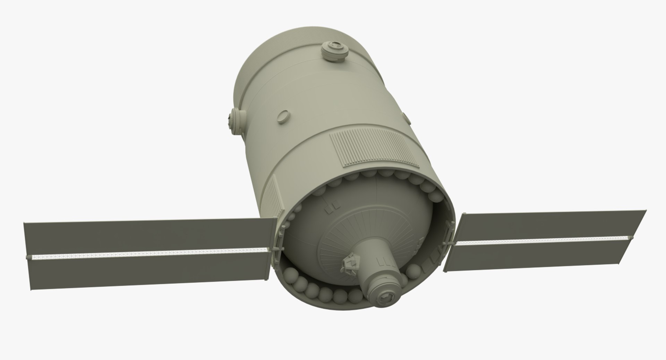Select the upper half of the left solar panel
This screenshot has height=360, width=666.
tap(146, 238)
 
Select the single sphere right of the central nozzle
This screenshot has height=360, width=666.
tap(412, 271)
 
